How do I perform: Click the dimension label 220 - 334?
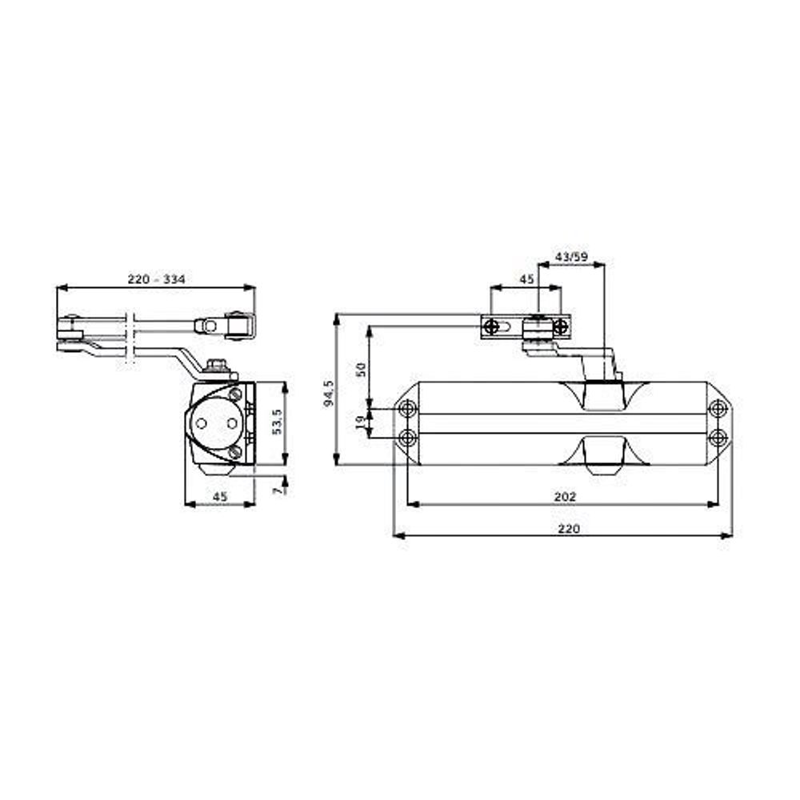(x=157, y=279)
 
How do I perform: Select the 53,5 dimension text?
(x=278, y=422)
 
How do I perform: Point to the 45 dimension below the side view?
(x=220, y=497)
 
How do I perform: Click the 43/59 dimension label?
(x=571, y=257)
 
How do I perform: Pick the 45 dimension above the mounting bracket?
(x=526, y=280)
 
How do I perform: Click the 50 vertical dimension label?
(x=361, y=369)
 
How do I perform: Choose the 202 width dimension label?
(x=565, y=497)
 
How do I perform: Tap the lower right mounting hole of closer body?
(x=718, y=437)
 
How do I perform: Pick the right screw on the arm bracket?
(x=561, y=326)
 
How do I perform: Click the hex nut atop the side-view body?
(x=214, y=366)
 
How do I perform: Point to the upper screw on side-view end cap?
(x=234, y=395)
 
